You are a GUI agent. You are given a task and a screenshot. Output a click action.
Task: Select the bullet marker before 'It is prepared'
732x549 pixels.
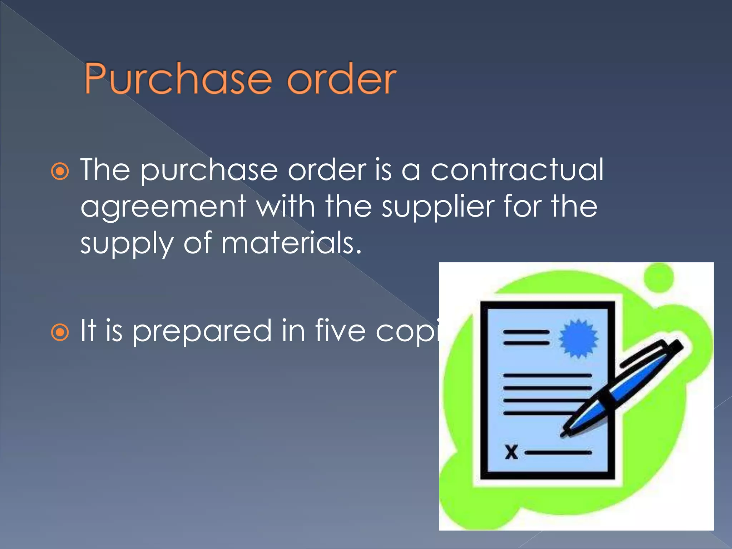tap(60, 333)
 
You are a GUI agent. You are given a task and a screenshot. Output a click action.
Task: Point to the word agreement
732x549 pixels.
tap(163, 207)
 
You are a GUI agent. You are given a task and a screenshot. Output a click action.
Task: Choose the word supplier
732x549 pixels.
tap(438, 207)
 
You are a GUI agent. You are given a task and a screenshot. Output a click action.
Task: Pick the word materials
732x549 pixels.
tap(291, 243)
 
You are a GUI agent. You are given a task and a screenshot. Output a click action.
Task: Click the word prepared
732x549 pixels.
tap(202, 331)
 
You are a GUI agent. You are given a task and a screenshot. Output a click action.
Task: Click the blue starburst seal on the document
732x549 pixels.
tap(578, 338)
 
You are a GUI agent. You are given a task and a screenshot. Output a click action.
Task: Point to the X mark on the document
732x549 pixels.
tap(511, 452)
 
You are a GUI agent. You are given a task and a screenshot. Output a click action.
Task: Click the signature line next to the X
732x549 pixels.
tap(558, 452)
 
